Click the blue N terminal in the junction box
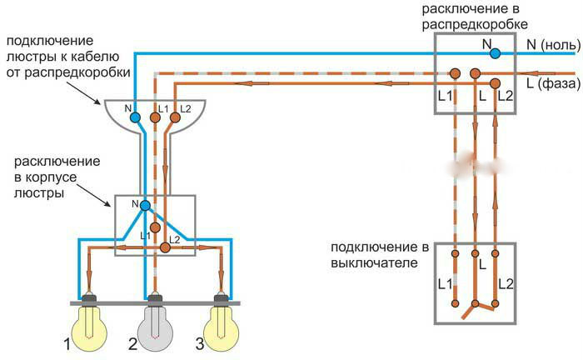495,53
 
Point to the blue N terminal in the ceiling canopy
135,118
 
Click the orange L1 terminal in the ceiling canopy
155,118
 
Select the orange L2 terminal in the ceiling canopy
174,118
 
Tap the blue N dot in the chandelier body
145,205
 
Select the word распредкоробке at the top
474,24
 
